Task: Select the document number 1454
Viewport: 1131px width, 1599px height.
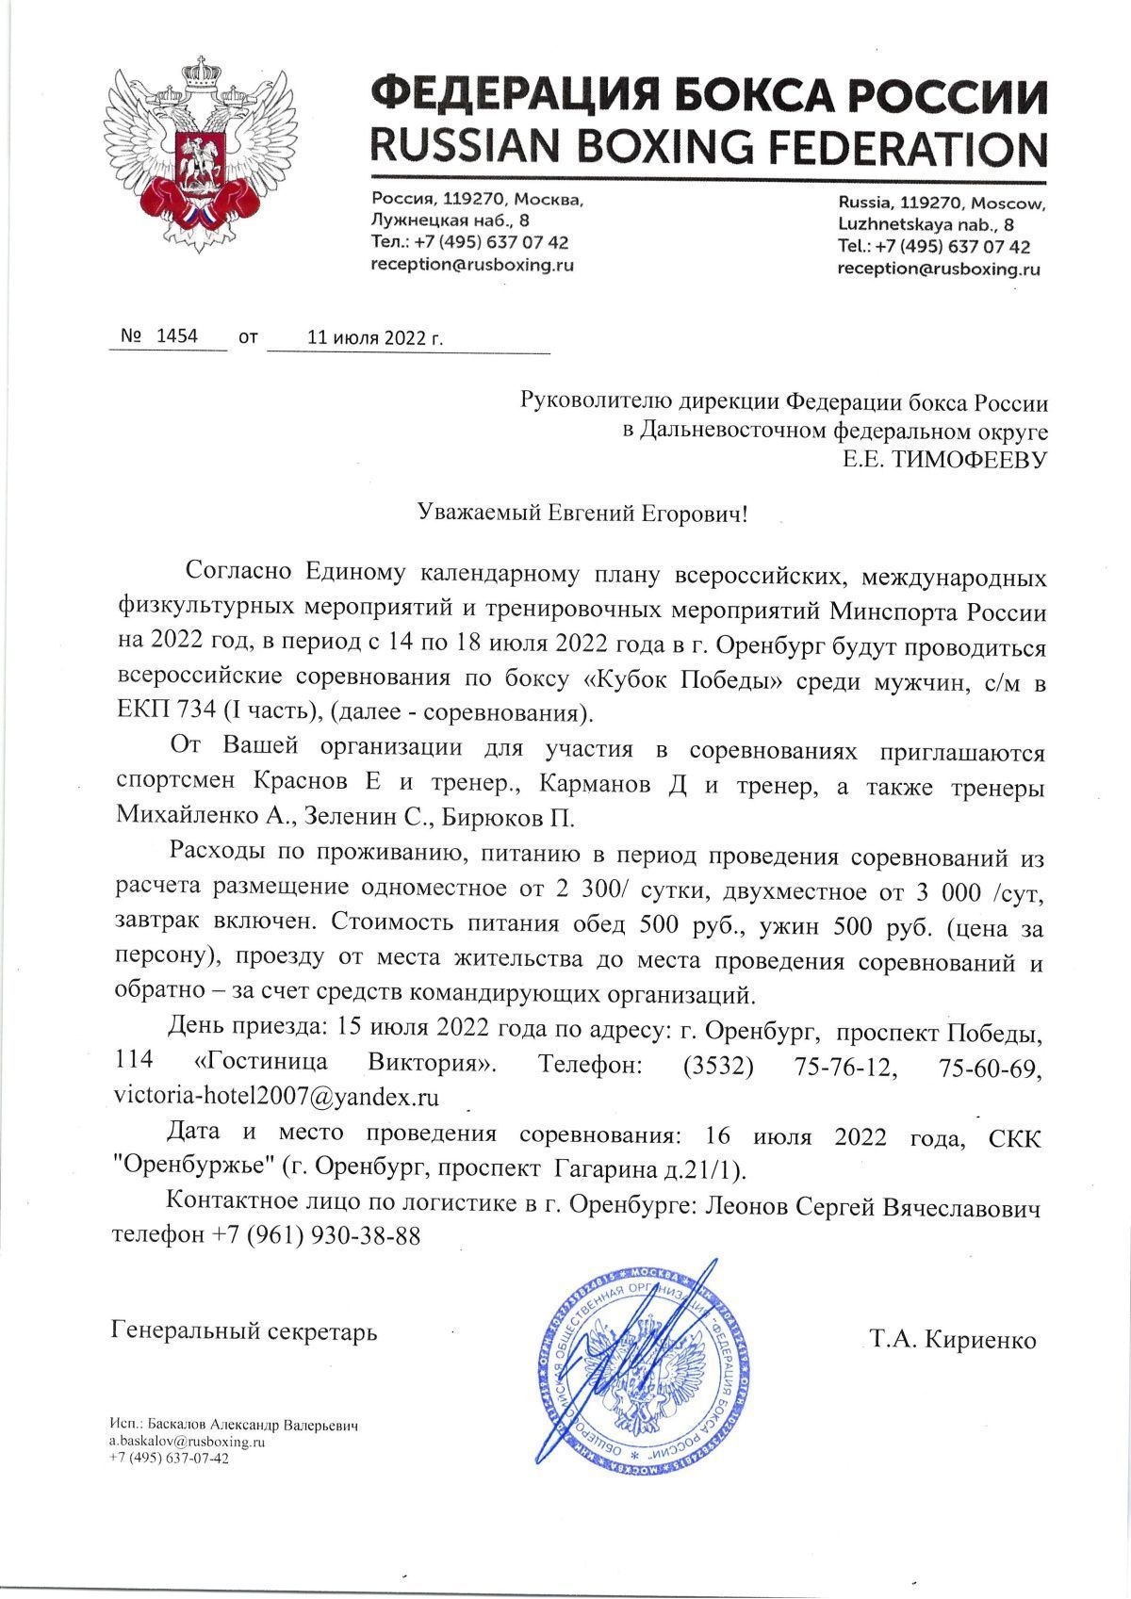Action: click(x=177, y=334)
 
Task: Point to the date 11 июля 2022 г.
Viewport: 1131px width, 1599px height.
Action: click(x=374, y=336)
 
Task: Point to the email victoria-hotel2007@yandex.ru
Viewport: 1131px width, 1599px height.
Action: click(x=276, y=1096)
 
